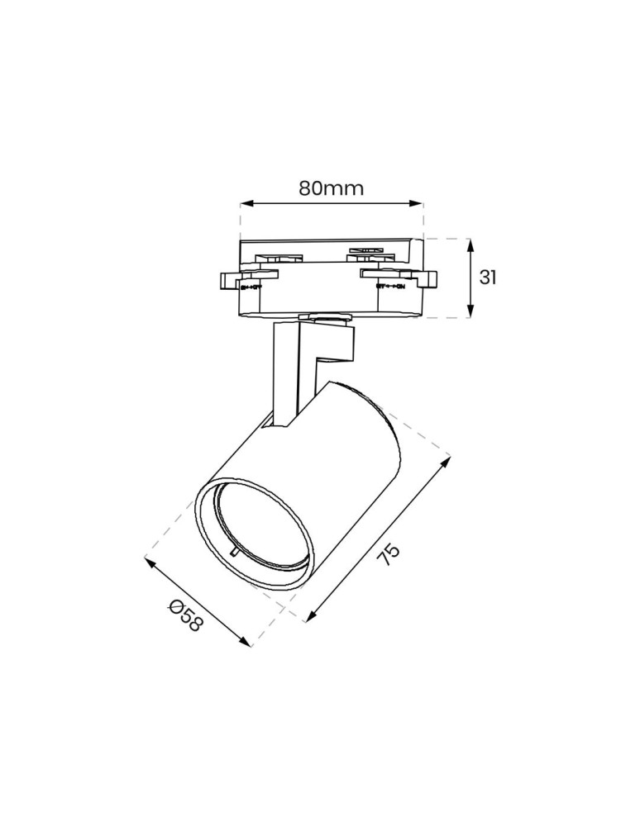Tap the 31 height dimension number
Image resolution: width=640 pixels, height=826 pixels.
pyautogui.click(x=488, y=278)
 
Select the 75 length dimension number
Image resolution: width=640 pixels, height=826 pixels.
pyautogui.click(x=389, y=554)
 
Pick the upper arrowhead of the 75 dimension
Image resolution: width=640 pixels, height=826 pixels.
pyautogui.click(x=447, y=462)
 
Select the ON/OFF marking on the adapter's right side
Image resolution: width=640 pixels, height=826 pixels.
pyautogui.click(x=389, y=287)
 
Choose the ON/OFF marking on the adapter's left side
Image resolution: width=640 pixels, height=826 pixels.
pyautogui.click(x=251, y=287)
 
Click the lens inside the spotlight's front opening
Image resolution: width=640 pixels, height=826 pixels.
pyautogui.click(x=256, y=525)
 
